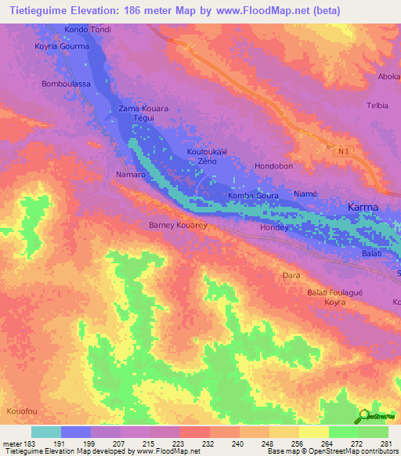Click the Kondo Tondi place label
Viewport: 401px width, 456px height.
88,30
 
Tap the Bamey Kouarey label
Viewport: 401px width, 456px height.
178,225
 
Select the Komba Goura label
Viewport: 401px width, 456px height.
253,196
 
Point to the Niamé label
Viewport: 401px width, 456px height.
305,194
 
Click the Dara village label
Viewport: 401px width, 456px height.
291,276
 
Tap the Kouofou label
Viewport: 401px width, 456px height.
21,411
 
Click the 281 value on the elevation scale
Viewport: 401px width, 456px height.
385,444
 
